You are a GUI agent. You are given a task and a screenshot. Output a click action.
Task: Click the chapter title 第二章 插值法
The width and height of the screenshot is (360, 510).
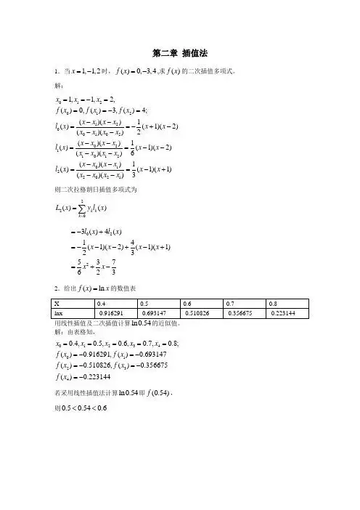tap(179, 54)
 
